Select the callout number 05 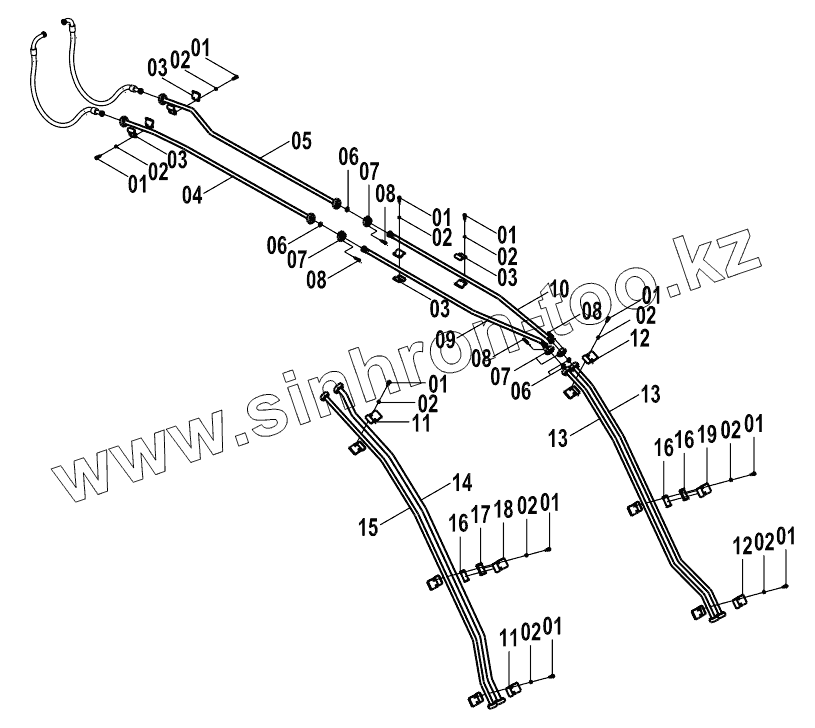pos(302,141)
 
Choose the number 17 pos(481,514)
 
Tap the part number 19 pos(706,437)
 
